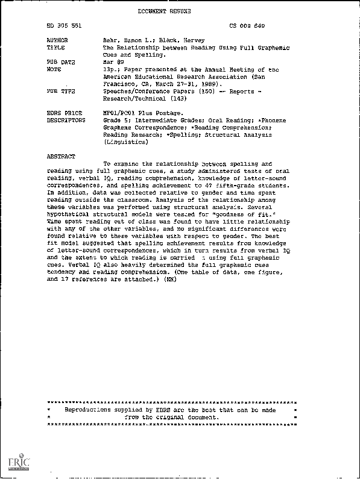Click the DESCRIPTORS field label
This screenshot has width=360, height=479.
point(65,119)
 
